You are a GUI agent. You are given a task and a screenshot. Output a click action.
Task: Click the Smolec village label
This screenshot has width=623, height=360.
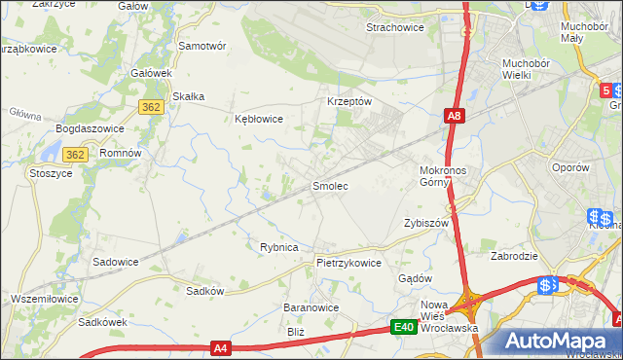[329, 185]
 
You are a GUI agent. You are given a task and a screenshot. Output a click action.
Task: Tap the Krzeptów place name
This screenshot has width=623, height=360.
[348, 101]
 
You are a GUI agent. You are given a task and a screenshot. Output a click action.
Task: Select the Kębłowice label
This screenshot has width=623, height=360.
[259, 120]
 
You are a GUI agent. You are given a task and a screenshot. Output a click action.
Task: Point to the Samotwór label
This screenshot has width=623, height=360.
[202, 46]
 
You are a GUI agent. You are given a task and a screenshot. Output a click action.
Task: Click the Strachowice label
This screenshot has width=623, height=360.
[394, 27]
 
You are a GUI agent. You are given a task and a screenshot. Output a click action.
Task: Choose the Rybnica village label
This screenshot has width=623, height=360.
[278, 247]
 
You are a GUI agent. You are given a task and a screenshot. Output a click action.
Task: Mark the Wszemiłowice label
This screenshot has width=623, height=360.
[44, 298]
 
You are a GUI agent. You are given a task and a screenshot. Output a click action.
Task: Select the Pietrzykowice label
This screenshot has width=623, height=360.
[348, 263]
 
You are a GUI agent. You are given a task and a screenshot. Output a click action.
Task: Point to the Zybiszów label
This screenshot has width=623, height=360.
[425, 223]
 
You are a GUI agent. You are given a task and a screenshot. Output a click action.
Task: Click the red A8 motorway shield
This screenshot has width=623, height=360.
[454, 117]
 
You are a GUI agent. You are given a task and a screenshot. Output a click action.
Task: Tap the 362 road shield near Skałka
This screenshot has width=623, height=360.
[150, 108]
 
